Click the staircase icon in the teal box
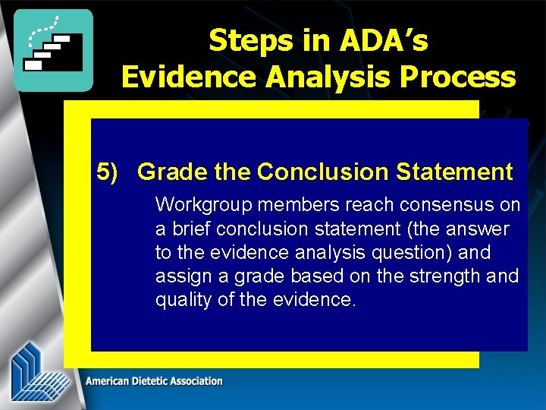click(x=53, y=50)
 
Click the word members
click(x=287, y=205)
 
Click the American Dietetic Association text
click(x=154, y=381)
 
